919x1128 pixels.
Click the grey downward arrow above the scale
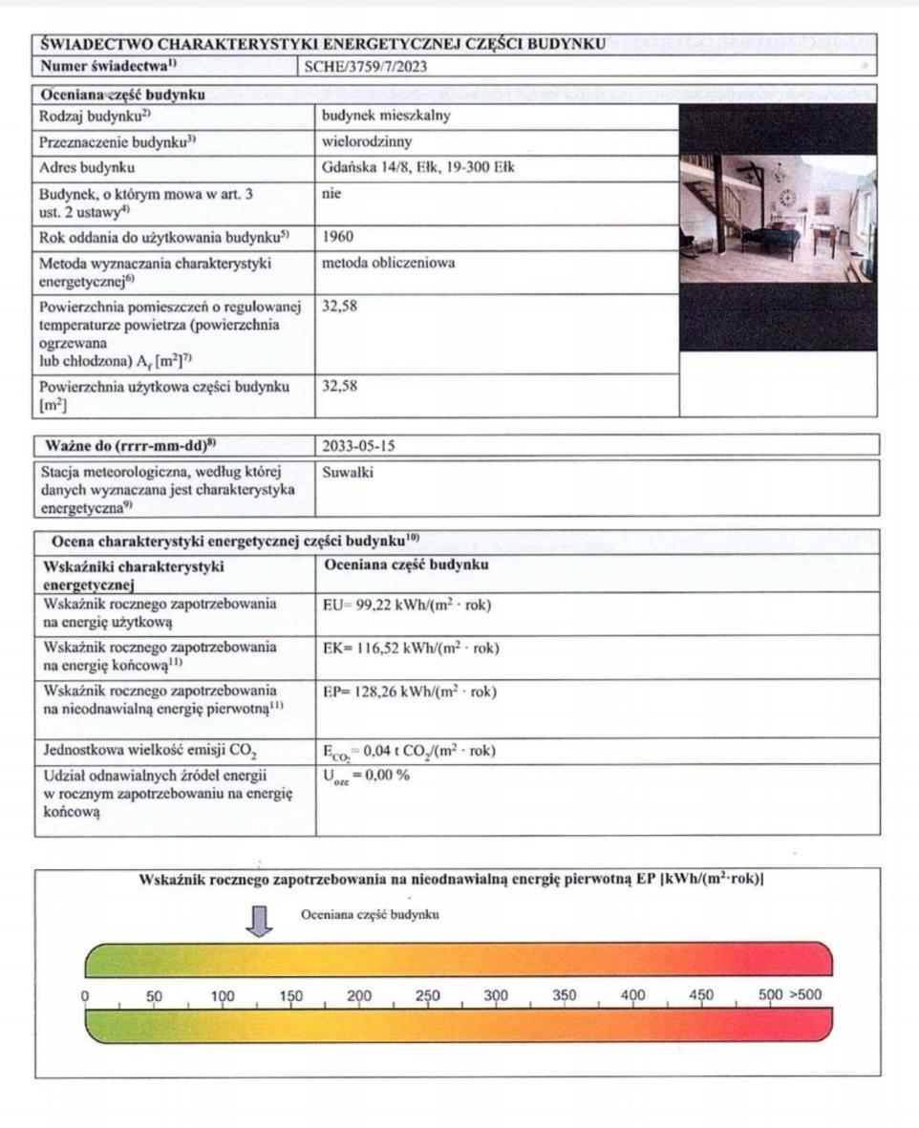[x=259, y=920]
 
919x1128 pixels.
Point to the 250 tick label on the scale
[x=428, y=994]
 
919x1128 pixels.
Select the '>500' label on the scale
[x=804, y=994]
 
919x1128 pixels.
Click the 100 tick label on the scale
[x=223, y=994]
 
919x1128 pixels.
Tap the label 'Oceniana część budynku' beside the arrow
[x=370, y=914]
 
